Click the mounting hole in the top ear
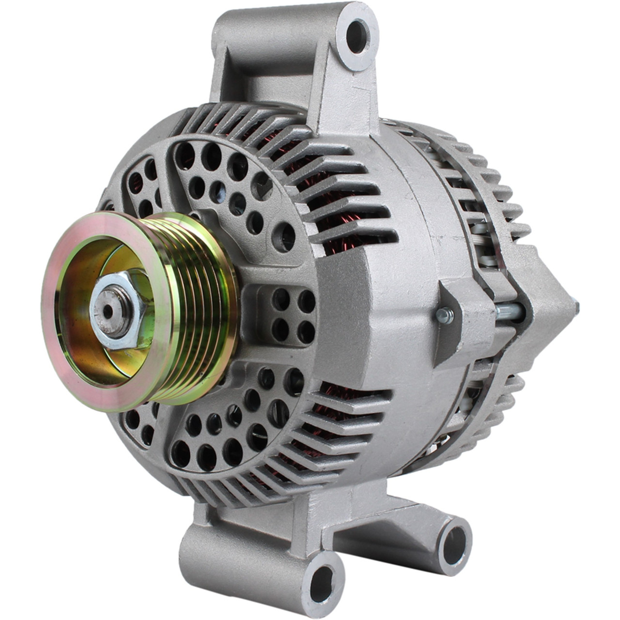coord(357,35)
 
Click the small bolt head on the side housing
coord(444,316)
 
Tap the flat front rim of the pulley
coord(73,368)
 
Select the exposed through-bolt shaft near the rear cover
coord(509,312)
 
